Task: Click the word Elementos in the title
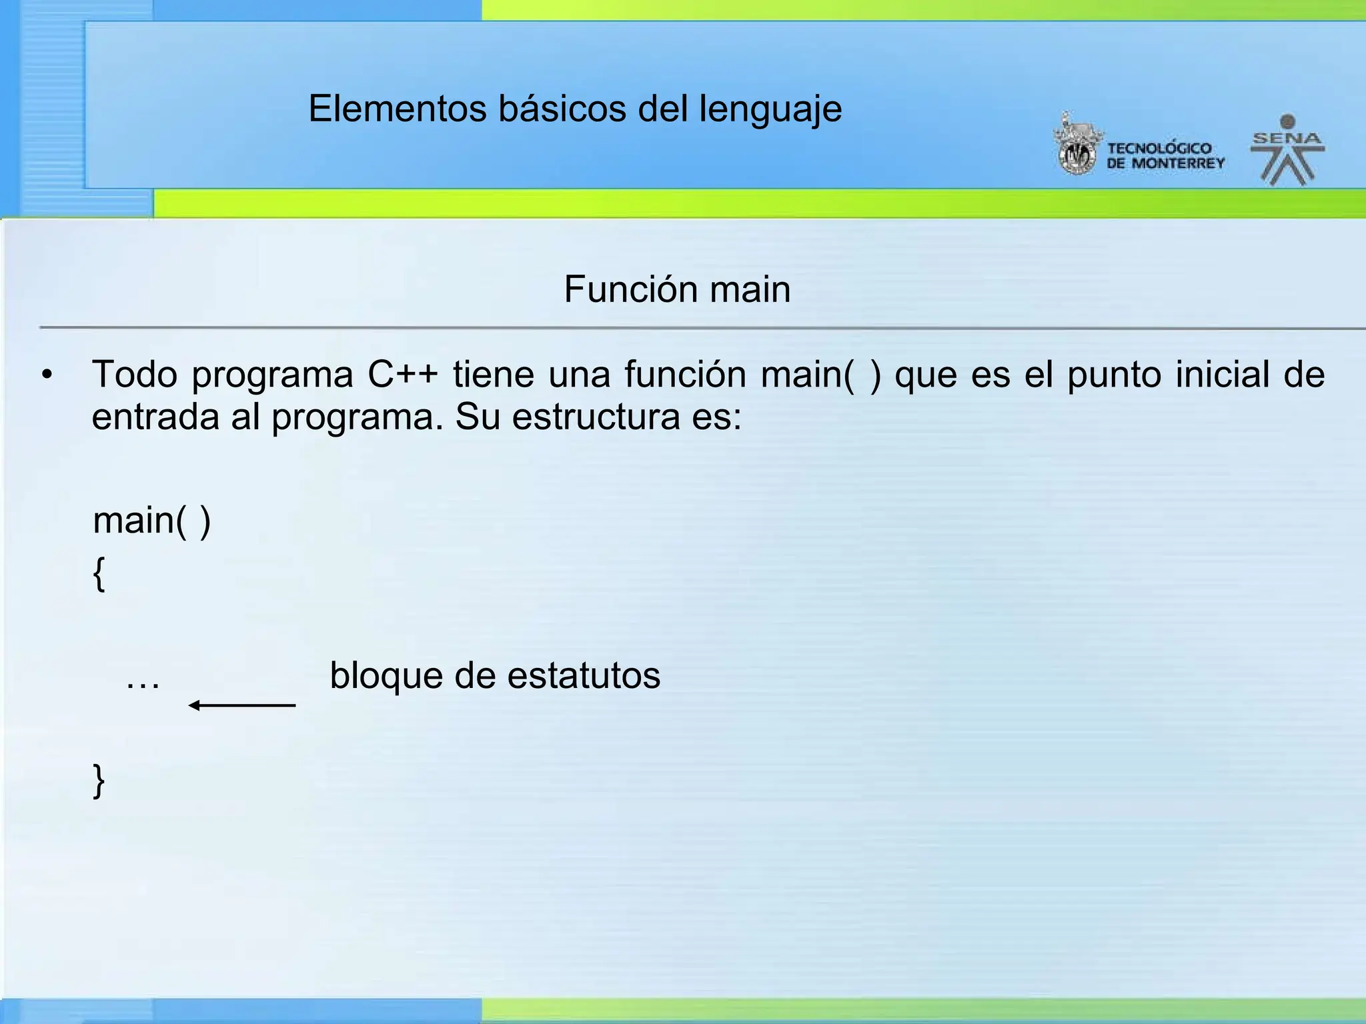[397, 109]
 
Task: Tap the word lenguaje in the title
[770, 110]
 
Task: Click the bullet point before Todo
[46, 375]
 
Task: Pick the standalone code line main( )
[151, 521]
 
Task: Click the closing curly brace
[99, 780]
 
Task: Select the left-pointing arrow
[241, 705]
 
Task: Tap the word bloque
[386, 675]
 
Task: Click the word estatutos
[584, 675]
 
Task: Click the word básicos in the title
[562, 109]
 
